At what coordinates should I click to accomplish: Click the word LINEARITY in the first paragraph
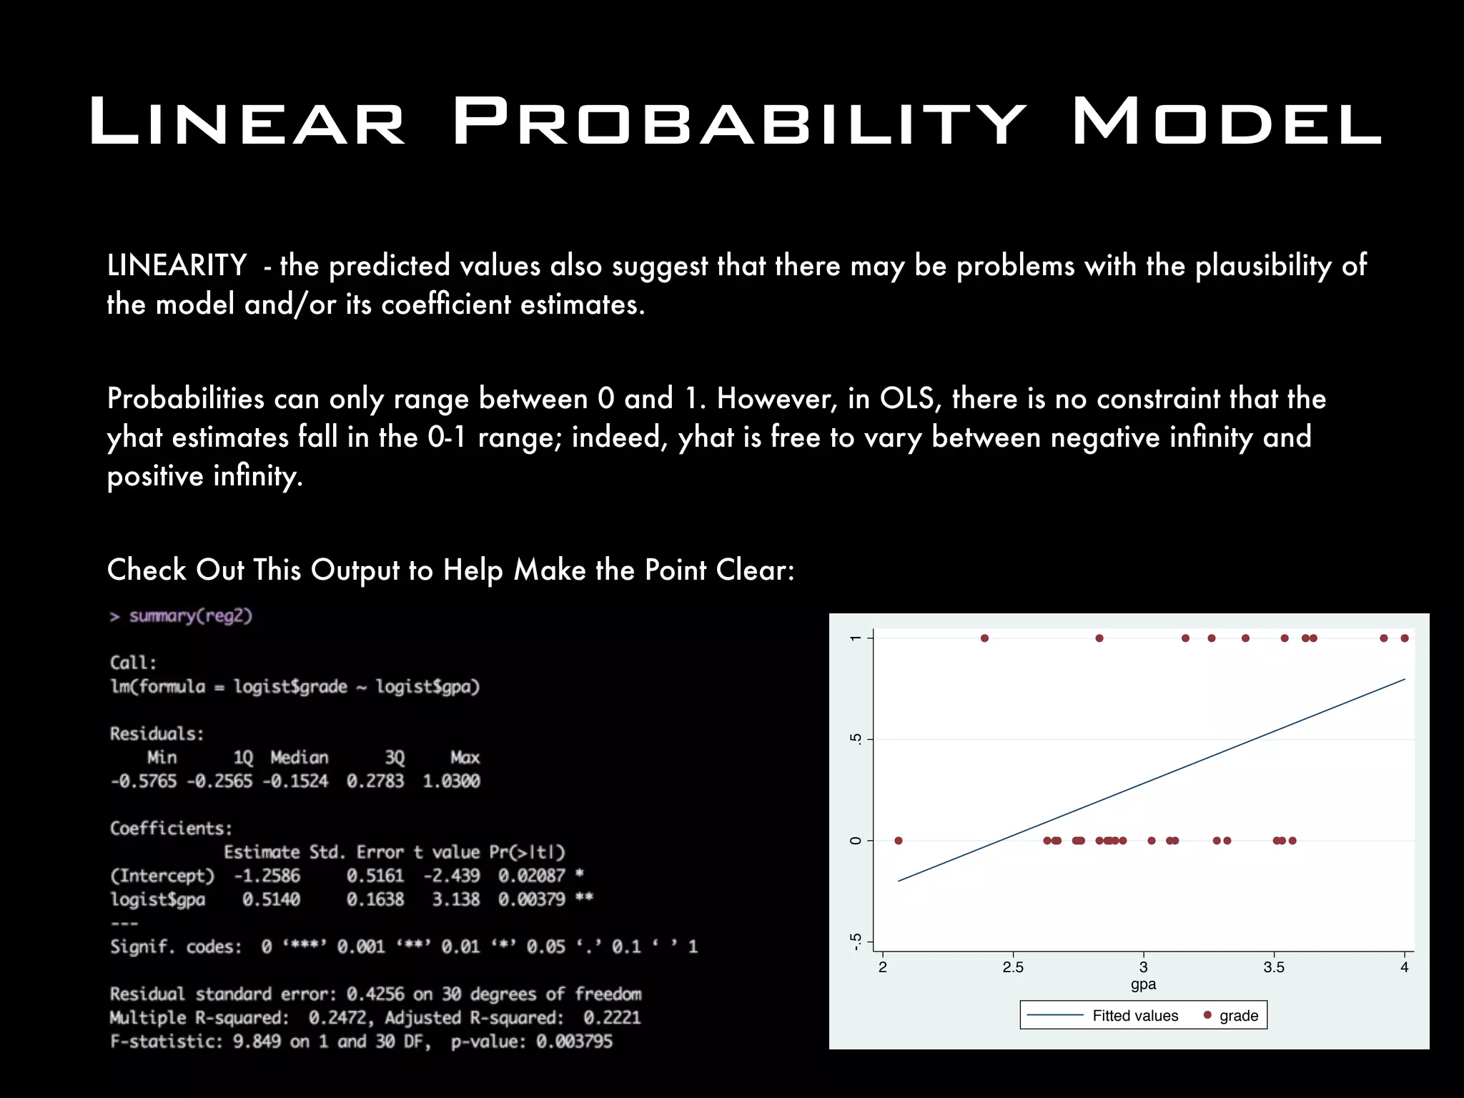[x=177, y=265]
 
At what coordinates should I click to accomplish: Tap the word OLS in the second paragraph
[x=906, y=398]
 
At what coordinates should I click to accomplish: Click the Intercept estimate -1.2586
[x=267, y=876]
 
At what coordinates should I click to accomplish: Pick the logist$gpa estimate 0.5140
[x=271, y=899]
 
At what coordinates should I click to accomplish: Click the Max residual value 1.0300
[x=451, y=781]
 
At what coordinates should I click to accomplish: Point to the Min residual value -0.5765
[x=144, y=781]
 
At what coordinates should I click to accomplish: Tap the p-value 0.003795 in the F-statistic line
[x=574, y=1042]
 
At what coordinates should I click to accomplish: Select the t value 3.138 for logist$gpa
[x=455, y=899]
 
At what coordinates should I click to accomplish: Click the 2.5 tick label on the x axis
[x=1012, y=968]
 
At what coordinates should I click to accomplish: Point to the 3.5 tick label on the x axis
[x=1273, y=968]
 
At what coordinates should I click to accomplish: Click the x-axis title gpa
[x=1143, y=984]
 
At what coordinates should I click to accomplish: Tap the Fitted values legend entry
[x=1134, y=1016]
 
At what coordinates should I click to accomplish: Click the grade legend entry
[x=1238, y=1016]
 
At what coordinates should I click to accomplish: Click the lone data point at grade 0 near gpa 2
[x=899, y=841]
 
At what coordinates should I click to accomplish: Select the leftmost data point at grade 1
[x=984, y=638]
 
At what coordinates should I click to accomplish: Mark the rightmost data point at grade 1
[x=1405, y=638]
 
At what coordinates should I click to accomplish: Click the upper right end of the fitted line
[x=1404, y=680]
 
